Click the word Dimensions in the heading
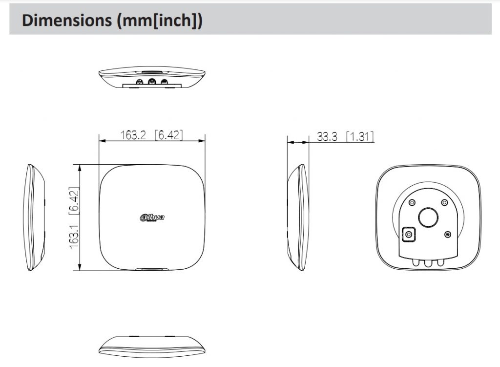pyautogui.click(x=66, y=20)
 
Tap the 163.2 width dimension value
pyautogui.click(x=133, y=135)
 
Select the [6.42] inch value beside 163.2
pyautogui.click(x=168, y=135)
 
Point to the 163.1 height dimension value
pyautogui.click(x=74, y=237)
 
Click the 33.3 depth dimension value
pyautogui.click(x=327, y=137)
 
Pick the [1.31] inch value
pyautogui.click(x=360, y=137)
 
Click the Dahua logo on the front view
pyautogui.click(x=152, y=217)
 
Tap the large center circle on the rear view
pyautogui.click(x=429, y=217)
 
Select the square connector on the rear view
pyautogui.click(x=409, y=235)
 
